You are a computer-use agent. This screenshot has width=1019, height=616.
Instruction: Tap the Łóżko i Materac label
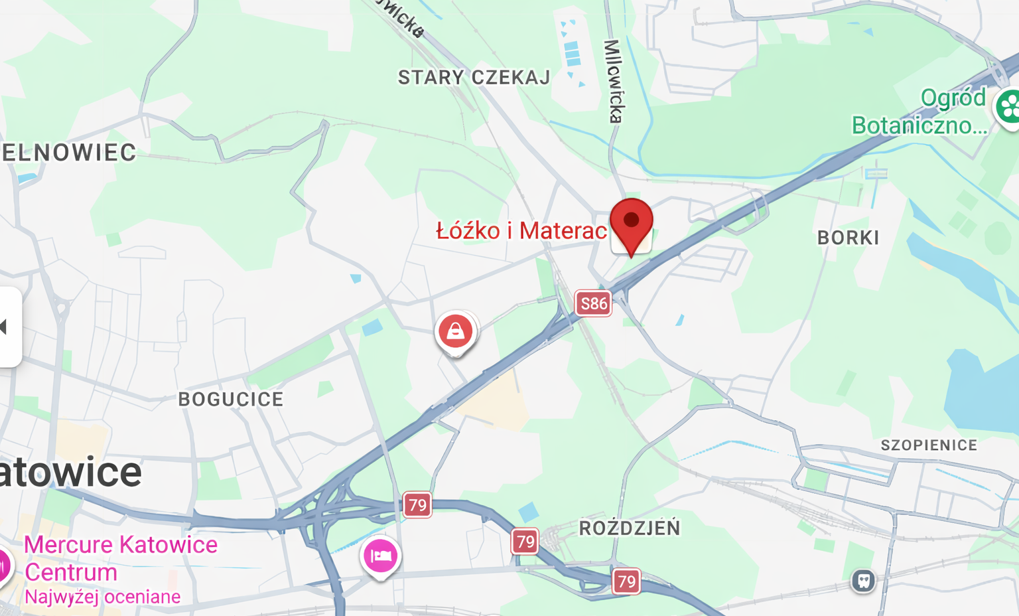pos(521,231)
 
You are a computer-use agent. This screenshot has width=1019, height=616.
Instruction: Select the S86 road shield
pos(592,304)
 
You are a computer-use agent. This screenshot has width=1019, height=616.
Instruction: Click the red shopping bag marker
pos(455,331)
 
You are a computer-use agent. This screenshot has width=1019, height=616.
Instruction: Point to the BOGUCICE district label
pos(231,399)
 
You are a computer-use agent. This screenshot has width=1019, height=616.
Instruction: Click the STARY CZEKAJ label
pos(474,78)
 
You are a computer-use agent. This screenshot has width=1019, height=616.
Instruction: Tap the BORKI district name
pos(848,238)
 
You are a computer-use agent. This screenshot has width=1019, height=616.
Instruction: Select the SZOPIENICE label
pos(929,445)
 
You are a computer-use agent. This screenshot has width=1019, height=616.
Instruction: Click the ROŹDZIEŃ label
pos(630,528)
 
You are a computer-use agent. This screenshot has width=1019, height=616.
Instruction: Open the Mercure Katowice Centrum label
pos(120,558)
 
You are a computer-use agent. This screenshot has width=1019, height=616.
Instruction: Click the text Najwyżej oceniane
pos(102,597)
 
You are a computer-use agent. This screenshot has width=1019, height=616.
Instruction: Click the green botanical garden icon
pos(1008,106)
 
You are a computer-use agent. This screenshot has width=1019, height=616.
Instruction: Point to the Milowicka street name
pos(614,81)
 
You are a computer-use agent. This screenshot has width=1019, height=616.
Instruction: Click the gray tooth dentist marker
pos(863,581)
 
